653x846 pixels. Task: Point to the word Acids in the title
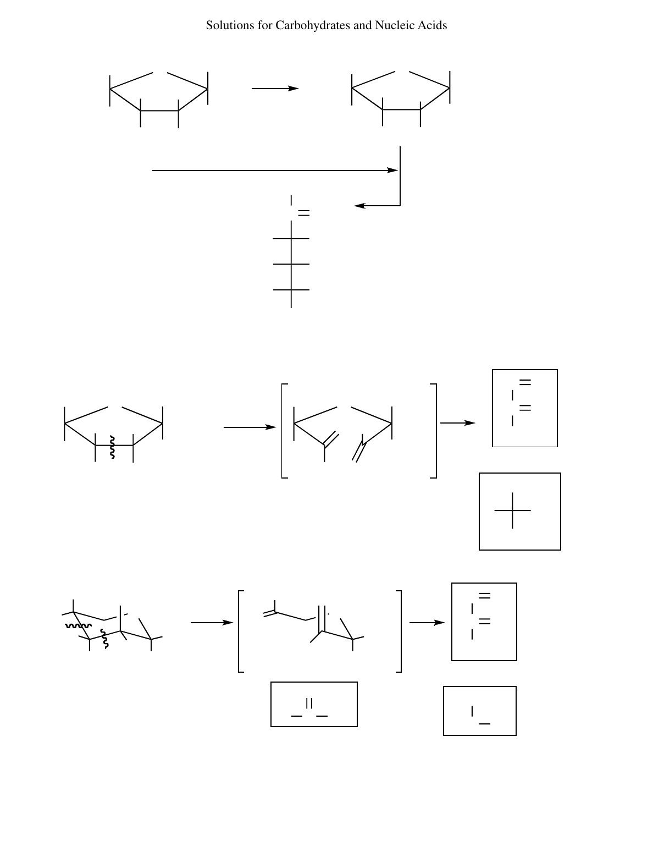[432, 25]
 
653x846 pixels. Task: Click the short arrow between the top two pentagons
[275, 88]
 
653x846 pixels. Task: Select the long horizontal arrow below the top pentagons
[275, 171]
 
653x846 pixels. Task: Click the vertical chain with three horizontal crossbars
[291, 264]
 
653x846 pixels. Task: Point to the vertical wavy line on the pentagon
[112, 447]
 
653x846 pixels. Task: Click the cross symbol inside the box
[512, 510]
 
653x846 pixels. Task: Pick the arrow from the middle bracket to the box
[457, 423]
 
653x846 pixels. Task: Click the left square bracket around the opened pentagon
[283, 431]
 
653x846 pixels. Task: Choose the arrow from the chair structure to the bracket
[212, 623]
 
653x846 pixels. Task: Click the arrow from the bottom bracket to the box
[427, 623]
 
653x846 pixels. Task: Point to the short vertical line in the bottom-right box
[472, 711]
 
